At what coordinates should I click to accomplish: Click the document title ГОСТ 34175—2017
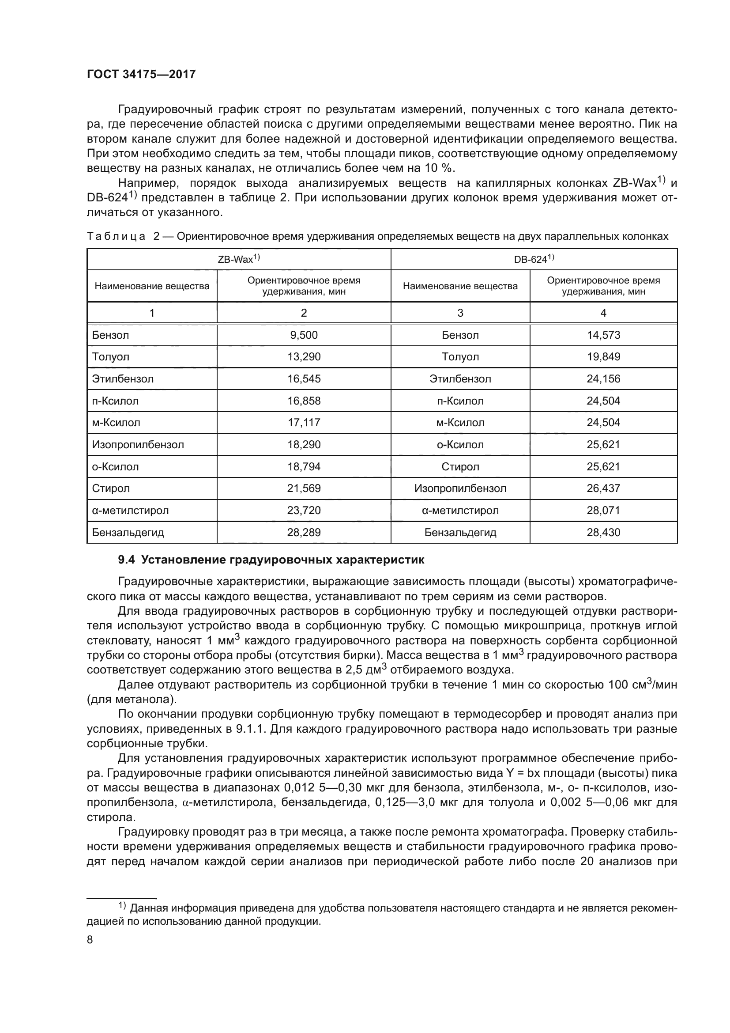(141, 74)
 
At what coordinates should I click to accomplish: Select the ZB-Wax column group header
(239, 259)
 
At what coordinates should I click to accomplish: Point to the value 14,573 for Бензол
(603, 335)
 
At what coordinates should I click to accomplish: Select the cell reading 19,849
(603, 357)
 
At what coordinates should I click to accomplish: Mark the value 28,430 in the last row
(603, 532)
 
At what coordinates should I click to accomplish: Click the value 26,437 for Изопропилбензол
(603, 488)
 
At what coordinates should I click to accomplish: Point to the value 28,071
(603, 510)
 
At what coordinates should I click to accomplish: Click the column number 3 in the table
(460, 313)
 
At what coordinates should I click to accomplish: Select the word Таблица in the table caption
(116, 237)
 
